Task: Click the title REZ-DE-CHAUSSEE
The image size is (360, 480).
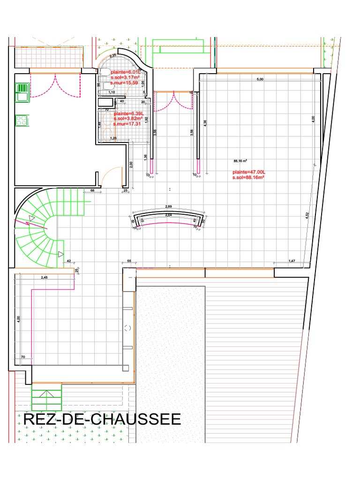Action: point(102,419)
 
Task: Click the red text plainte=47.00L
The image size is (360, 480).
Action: point(247,172)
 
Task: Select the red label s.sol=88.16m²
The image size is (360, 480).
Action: point(248,178)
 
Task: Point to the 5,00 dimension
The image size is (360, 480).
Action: point(260,80)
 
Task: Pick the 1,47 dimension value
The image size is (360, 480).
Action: point(292,260)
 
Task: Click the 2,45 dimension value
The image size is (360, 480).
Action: point(45,277)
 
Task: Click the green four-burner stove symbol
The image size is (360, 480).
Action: point(21,120)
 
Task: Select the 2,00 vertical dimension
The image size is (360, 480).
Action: point(131,164)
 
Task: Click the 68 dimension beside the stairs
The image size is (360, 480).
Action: point(92,190)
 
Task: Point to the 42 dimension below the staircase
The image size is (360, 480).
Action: point(68,260)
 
